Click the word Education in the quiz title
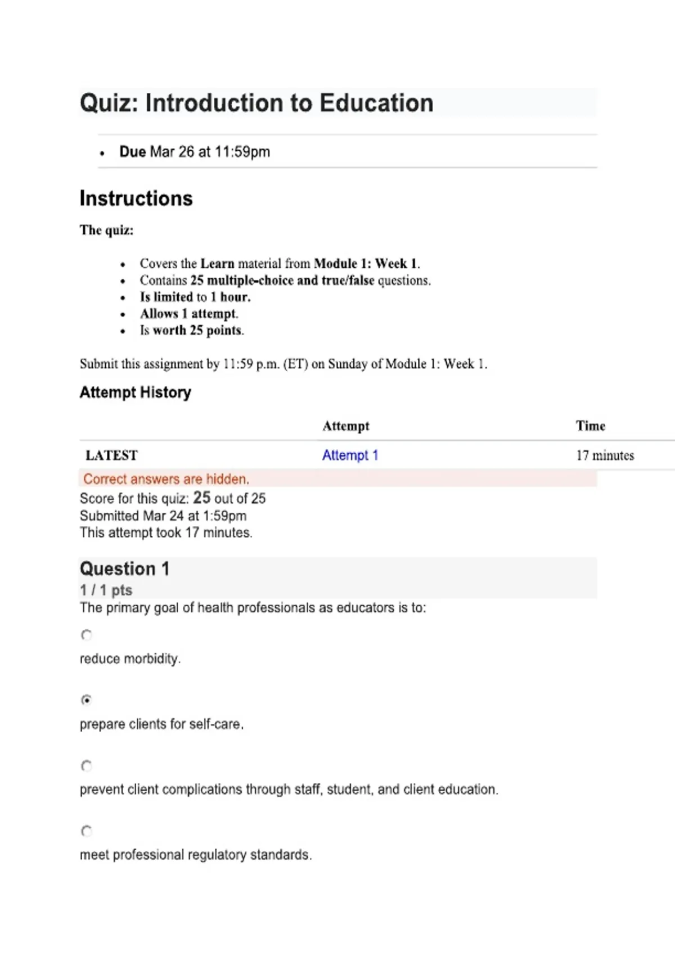(x=376, y=103)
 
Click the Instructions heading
(x=136, y=199)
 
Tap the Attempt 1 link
(x=350, y=455)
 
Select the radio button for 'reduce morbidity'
(x=86, y=635)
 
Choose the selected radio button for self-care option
(x=86, y=700)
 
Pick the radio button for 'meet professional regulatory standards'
(x=86, y=831)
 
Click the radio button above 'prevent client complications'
(x=86, y=765)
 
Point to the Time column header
(x=590, y=426)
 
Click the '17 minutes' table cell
(x=605, y=455)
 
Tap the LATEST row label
(x=111, y=455)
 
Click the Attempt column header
(x=346, y=426)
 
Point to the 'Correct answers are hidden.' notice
(x=166, y=479)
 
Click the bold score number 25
(x=201, y=498)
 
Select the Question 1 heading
(x=124, y=569)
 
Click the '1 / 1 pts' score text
(x=106, y=590)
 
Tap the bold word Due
(x=133, y=152)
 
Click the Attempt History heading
(x=135, y=392)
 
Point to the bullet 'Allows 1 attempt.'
(x=189, y=314)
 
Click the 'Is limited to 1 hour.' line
(x=195, y=297)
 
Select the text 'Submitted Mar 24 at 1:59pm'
(x=163, y=516)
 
